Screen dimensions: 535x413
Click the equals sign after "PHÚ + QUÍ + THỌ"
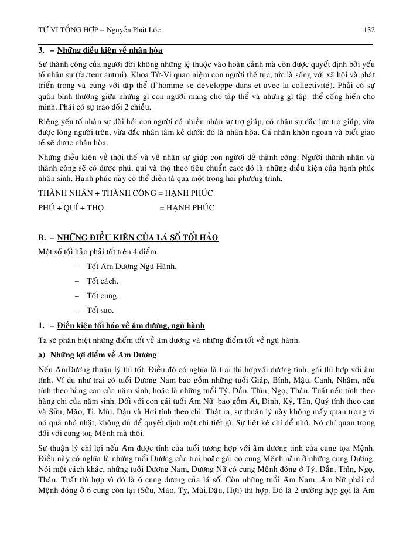[x=162, y=207]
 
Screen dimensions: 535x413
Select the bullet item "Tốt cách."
[x=103, y=281]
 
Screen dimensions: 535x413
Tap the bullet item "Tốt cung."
[x=103, y=296]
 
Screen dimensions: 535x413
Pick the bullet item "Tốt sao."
[x=100, y=311]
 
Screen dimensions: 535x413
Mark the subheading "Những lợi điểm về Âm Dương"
[x=102, y=355]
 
